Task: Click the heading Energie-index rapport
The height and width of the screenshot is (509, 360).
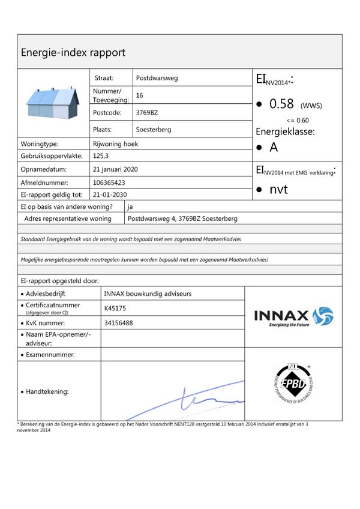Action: (73, 52)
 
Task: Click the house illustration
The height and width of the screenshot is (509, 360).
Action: (53, 103)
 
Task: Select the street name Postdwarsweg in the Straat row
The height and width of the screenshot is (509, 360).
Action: (157, 78)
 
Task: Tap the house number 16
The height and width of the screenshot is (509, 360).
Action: (140, 95)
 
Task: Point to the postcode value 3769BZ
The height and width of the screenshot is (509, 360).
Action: (147, 112)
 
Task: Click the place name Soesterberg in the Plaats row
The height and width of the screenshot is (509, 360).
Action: (154, 130)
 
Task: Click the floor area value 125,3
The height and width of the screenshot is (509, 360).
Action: (101, 155)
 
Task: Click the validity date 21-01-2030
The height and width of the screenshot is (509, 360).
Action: (110, 194)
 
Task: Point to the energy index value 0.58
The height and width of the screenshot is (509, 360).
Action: (281, 104)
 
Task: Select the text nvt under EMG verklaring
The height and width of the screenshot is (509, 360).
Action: (278, 190)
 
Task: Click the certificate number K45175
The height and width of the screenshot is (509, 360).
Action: (116, 309)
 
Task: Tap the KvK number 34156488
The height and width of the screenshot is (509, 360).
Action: (118, 323)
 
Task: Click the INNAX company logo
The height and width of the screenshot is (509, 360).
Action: (293, 316)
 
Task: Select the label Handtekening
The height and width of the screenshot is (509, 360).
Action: (47, 391)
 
